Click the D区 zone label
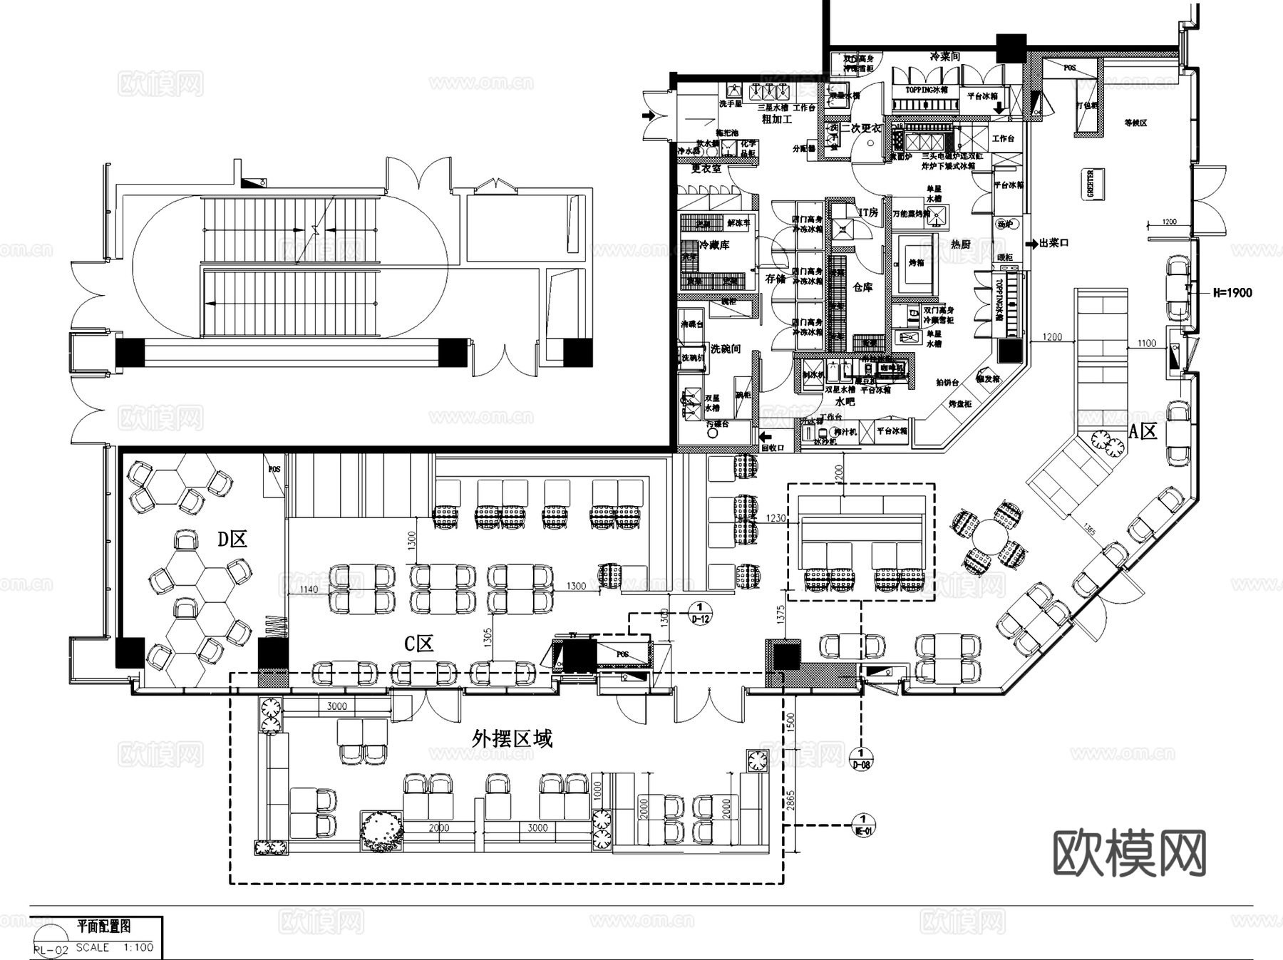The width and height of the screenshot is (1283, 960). [x=232, y=540]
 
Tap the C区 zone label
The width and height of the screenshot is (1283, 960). [x=419, y=644]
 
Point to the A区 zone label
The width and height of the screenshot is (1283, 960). [x=1143, y=431]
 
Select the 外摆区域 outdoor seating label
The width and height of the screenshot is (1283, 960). [x=512, y=738]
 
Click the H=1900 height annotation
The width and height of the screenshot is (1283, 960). [x=1232, y=292]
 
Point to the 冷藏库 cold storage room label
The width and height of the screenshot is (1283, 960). [x=714, y=245]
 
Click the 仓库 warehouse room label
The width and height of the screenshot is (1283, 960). [x=862, y=287]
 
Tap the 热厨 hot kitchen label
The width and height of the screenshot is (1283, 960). [x=960, y=244]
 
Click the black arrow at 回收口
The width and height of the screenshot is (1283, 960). [x=766, y=436]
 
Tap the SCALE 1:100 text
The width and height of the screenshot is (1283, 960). [x=113, y=947]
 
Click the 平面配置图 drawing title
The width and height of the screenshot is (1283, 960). [x=103, y=927]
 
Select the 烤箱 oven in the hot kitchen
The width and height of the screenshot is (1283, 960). [x=916, y=263]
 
